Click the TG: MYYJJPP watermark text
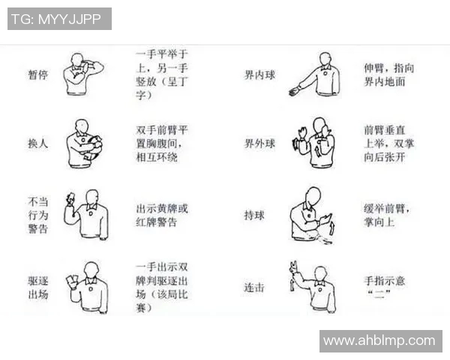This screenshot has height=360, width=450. coord(59,19)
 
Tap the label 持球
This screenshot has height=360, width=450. coord(254,215)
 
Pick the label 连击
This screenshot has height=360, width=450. coord(254,288)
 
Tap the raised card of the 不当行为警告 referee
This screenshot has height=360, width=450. coord(70,198)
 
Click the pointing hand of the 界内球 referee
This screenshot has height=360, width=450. coord(293,92)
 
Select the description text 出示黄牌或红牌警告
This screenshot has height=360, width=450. coord(161,215)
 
